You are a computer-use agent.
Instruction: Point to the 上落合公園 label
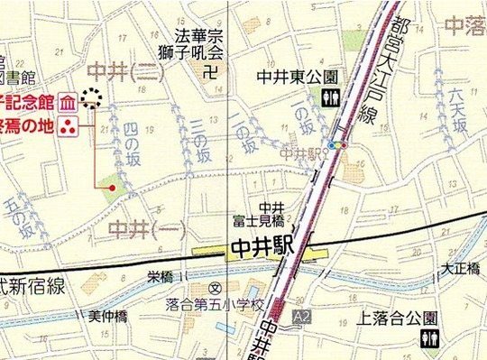[397, 317]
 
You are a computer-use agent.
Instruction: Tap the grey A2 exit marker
[301, 317]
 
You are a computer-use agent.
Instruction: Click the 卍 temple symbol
[210, 70]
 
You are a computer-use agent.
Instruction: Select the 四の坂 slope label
[133, 140]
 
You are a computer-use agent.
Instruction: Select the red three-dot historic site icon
[67, 127]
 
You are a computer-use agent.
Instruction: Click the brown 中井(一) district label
[144, 228]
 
